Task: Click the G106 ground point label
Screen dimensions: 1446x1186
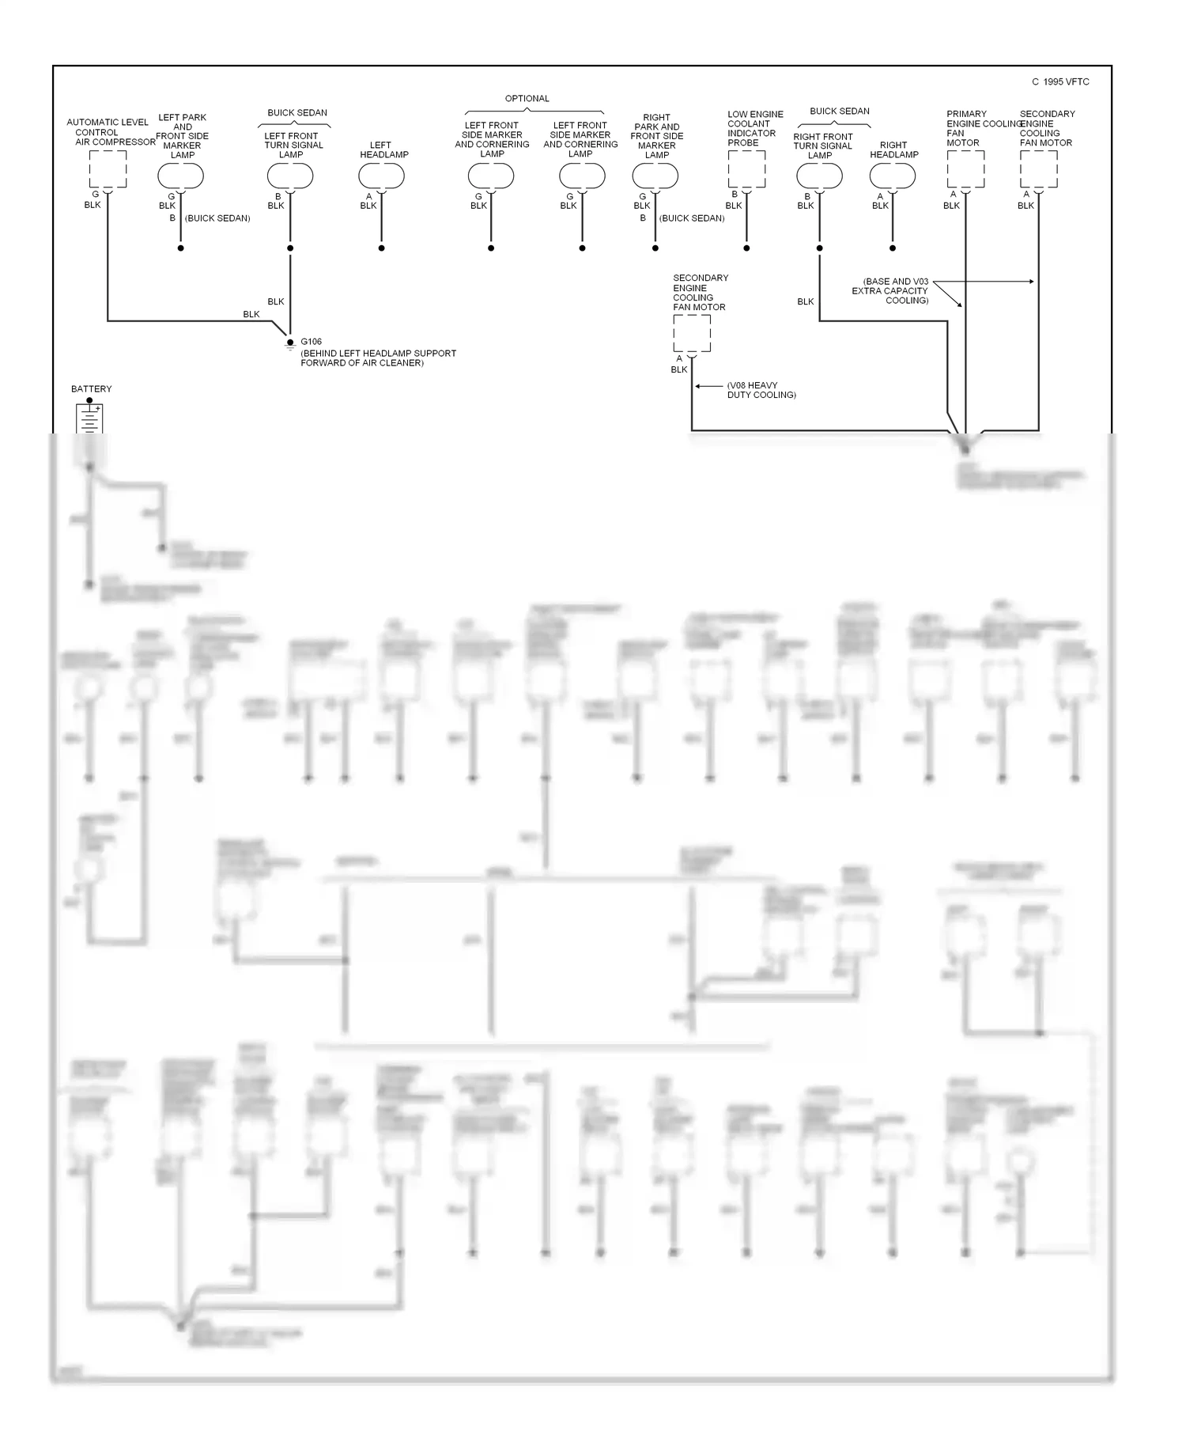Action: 311,342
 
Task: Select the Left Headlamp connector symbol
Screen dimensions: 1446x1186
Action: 382,176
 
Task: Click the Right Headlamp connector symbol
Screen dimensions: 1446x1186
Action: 893,176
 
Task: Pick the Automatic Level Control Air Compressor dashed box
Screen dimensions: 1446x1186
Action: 108,168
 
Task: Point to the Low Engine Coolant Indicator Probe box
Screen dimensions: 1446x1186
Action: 746,168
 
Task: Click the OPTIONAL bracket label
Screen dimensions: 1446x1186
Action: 527,99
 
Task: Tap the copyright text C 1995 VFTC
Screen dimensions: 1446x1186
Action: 1060,82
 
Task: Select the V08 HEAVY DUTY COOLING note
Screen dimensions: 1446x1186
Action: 761,390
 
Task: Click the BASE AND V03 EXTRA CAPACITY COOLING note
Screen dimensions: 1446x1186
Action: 890,290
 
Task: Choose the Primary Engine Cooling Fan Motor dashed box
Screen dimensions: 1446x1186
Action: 965,168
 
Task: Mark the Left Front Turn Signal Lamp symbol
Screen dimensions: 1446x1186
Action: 290,176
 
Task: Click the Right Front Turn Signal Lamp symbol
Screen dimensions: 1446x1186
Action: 820,176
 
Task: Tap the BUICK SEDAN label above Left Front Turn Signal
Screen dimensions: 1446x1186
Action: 297,113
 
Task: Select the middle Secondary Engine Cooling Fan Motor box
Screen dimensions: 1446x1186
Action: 692,333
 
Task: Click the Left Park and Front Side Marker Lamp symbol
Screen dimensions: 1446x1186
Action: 181,176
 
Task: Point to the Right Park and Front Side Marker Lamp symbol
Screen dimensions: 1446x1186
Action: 655,176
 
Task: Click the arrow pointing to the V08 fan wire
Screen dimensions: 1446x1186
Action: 708,386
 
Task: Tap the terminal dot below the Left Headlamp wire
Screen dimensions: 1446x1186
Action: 382,248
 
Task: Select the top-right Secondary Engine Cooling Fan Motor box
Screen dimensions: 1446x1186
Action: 1038,168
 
